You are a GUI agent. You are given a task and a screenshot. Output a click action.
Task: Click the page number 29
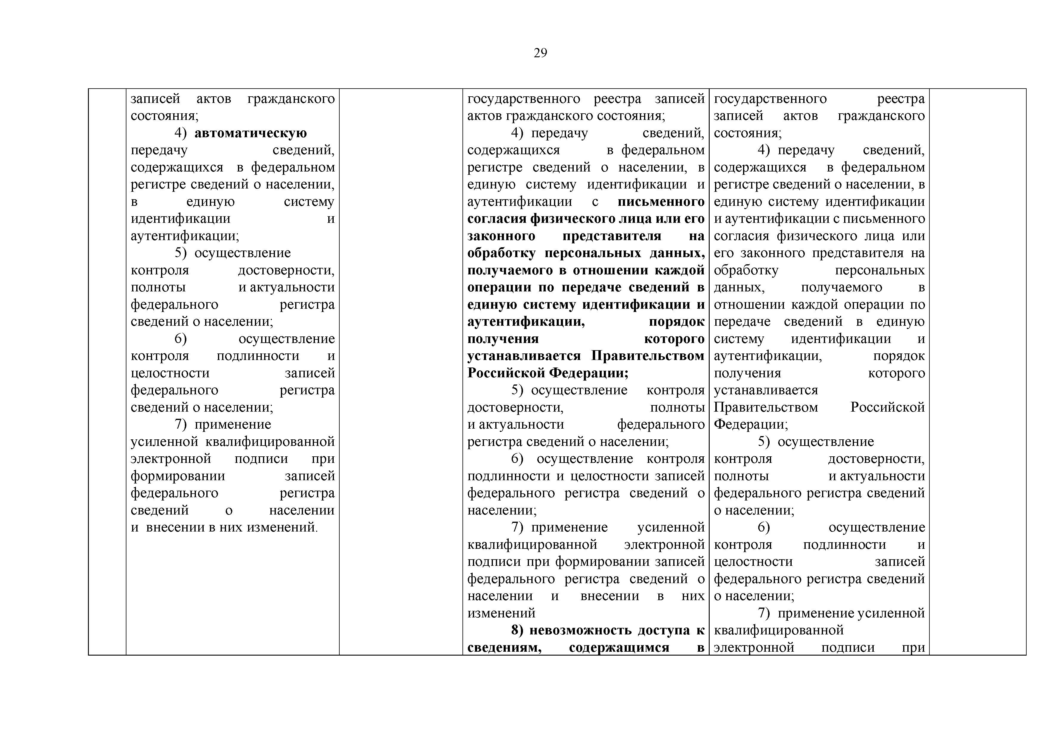tap(540, 53)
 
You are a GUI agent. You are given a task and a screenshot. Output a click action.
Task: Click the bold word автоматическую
tap(250, 133)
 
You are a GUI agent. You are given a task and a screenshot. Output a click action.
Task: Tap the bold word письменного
tap(661, 201)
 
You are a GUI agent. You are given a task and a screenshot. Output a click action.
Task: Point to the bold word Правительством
tap(648, 356)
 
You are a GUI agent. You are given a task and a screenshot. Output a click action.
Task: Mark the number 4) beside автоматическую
tap(181, 133)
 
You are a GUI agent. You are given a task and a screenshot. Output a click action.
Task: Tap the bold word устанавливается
tap(524, 356)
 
